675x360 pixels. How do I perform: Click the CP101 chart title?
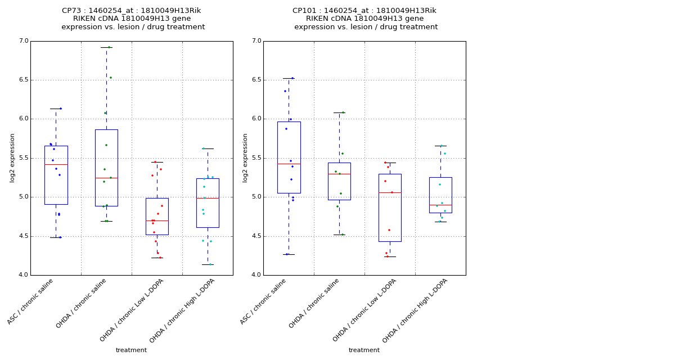point(365,19)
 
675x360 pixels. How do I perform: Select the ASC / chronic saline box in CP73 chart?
point(56,175)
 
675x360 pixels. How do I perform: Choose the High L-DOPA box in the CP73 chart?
point(208,202)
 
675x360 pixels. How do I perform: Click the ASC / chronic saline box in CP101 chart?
point(289,157)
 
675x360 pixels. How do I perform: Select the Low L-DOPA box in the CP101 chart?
point(390,208)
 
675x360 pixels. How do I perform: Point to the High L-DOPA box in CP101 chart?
point(440,195)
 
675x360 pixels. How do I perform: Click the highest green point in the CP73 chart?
point(109,47)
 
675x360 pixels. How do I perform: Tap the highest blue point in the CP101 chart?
point(292,78)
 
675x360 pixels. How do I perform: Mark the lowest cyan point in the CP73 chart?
point(210,264)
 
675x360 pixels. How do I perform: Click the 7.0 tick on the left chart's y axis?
point(23,41)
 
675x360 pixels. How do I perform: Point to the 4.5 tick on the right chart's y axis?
point(256,236)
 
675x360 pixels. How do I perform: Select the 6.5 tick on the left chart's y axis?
point(23,80)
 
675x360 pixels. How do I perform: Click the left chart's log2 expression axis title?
point(12,158)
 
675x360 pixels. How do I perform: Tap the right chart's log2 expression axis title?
point(245,158)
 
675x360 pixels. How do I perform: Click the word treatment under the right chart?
point(364,350)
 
